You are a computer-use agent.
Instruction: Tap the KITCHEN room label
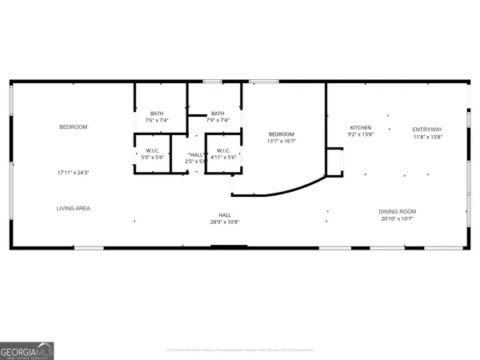click(x=360, y=128)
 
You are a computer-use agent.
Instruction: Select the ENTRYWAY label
click(x=427, y=129)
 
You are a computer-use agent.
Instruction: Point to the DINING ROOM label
click(x=398, y=211)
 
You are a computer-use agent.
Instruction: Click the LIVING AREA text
click(x=73, y=208)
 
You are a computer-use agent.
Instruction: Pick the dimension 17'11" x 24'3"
click(x=73, y=172)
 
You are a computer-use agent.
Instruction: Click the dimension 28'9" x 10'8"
click(x=225, y=222)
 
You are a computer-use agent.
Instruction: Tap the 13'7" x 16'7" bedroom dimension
click(x=282, y=141)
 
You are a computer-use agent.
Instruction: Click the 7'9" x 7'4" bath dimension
click(x=218, y=120)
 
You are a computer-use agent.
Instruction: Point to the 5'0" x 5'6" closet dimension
click(x=152, y=158)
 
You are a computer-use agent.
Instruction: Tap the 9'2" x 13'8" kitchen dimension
click(x=360, y=135)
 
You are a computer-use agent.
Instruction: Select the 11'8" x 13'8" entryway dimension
click(x=427, y=136)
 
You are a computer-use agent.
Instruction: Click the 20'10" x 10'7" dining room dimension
click(x=398, y=218)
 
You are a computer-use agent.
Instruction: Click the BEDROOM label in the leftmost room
click(x=73, y=127)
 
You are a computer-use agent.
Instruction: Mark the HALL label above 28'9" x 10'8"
click(x=225, y=214)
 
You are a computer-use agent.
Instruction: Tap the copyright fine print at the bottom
click(x=240, y=350)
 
